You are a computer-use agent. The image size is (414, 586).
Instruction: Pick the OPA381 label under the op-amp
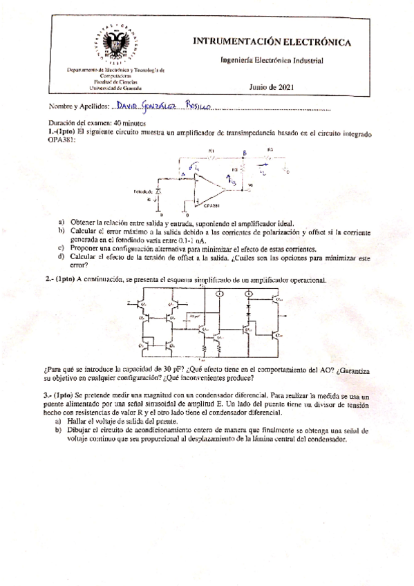tap(211, 205)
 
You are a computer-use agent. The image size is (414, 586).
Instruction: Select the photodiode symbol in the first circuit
tap(159, 190)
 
